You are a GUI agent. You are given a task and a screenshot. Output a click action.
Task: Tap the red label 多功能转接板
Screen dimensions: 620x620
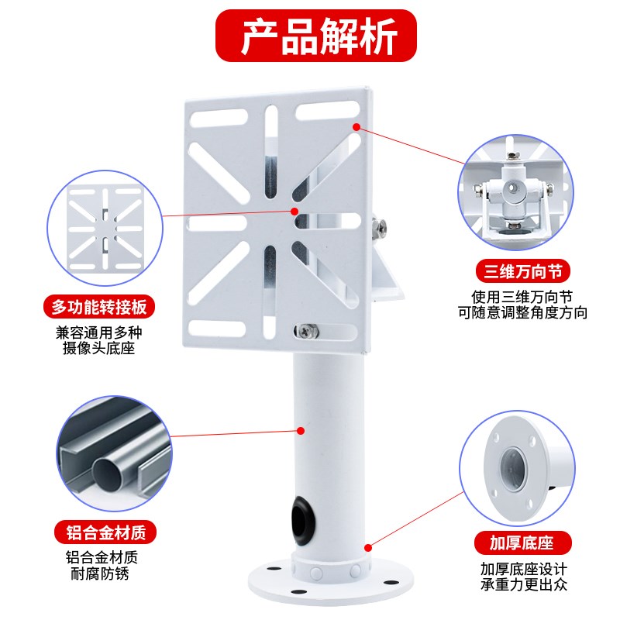tap(98, 307)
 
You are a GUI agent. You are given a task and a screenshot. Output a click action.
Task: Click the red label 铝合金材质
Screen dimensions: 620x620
tap(106, 532)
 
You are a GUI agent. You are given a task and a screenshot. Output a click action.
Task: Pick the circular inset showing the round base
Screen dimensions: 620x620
tap(517, 469)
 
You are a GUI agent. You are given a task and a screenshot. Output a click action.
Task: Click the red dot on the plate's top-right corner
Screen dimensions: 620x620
tap(356, 126)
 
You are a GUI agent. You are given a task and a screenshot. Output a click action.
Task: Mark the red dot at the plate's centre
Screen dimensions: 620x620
tap(294, 210)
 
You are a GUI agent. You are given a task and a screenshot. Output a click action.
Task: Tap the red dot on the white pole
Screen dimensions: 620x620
tap(302, 430)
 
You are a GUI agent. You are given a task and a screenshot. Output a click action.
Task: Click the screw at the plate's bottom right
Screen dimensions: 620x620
tap(308, 331)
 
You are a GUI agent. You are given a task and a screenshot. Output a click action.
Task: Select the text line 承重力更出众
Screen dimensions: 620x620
tap(524, 584)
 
